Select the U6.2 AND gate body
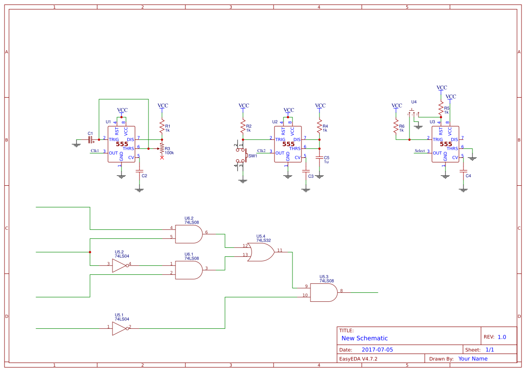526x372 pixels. click(x=188, y=234)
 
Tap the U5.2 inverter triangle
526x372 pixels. click(x=119, y=265)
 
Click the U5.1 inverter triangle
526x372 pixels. click(x=119, y=328)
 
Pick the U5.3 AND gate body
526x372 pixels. click(x=323, y=292)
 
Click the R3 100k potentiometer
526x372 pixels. click(x=162, y=149)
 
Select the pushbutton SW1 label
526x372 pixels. click(x=253, y=156)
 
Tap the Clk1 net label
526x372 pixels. click(x=95, y=151)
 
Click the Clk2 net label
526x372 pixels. click(x=261, y=151)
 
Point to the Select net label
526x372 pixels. click(x=420, y=151)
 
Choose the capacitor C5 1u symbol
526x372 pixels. click(x=319, y=158)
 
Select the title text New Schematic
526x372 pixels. click(x=364, y=338)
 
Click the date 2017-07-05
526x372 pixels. click(x=377, y=350)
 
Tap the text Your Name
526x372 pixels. click(x=473, y=359)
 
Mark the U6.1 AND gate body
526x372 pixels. click(x=188, y=270)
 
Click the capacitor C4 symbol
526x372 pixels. click(x=463, y=171)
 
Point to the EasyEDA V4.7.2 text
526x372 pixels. click(x=358, y=359)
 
